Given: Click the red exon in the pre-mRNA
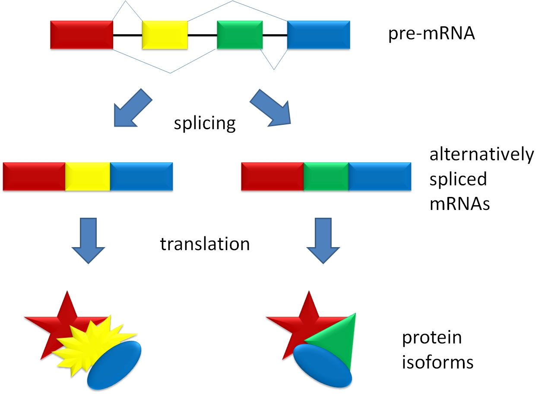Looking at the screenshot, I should point(82,35).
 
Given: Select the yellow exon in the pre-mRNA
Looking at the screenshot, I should point(165,35).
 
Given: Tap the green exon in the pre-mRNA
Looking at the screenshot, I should point(240,35).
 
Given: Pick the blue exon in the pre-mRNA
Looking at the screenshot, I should point(318,35).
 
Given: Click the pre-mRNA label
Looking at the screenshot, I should point(431,34).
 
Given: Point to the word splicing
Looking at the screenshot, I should point(205,124).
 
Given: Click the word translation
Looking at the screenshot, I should point(205,244).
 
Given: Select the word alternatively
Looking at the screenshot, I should point(481,154).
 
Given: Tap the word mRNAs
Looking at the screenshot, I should point(459,203).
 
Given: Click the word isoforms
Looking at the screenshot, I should point(437,362).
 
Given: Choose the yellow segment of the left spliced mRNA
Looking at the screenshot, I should point(88,177).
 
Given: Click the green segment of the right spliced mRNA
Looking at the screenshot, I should point(326,177).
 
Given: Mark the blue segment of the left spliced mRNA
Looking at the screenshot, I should point(142,177).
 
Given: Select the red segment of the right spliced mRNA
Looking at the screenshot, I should point(272,177).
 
